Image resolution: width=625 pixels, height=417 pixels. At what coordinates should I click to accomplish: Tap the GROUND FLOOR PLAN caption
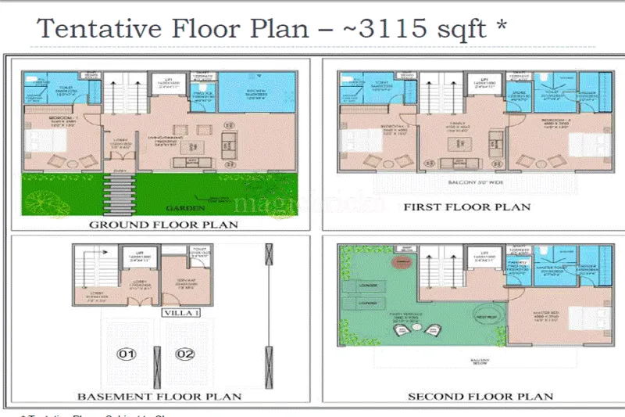click(x=163, y=225)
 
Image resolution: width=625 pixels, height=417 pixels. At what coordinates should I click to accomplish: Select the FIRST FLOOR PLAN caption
click(x=466, y=207)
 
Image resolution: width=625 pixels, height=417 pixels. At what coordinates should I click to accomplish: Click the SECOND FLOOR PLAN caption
click(x=480, y=396)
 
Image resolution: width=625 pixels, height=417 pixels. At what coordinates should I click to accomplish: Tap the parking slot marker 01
click(x=127, y=354)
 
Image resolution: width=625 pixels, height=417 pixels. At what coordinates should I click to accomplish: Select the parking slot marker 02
click(x=185, y=354)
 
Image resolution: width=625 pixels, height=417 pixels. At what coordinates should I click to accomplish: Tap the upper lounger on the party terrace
click(x=369, y=286)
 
